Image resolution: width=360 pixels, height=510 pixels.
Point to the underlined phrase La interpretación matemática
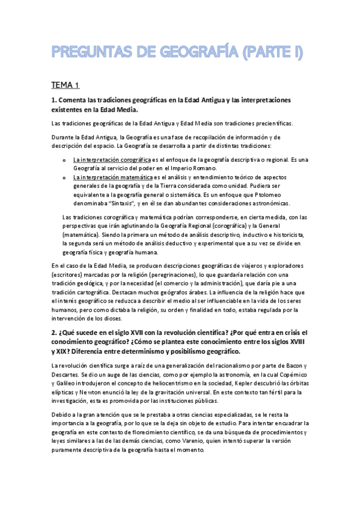[x=112, y=177]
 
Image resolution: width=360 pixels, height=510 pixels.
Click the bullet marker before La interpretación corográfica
[x=64, y=161]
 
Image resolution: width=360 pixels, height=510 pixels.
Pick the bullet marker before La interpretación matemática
[x=64, y=178]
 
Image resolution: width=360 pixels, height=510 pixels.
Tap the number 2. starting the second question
[x=54, y=333]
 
